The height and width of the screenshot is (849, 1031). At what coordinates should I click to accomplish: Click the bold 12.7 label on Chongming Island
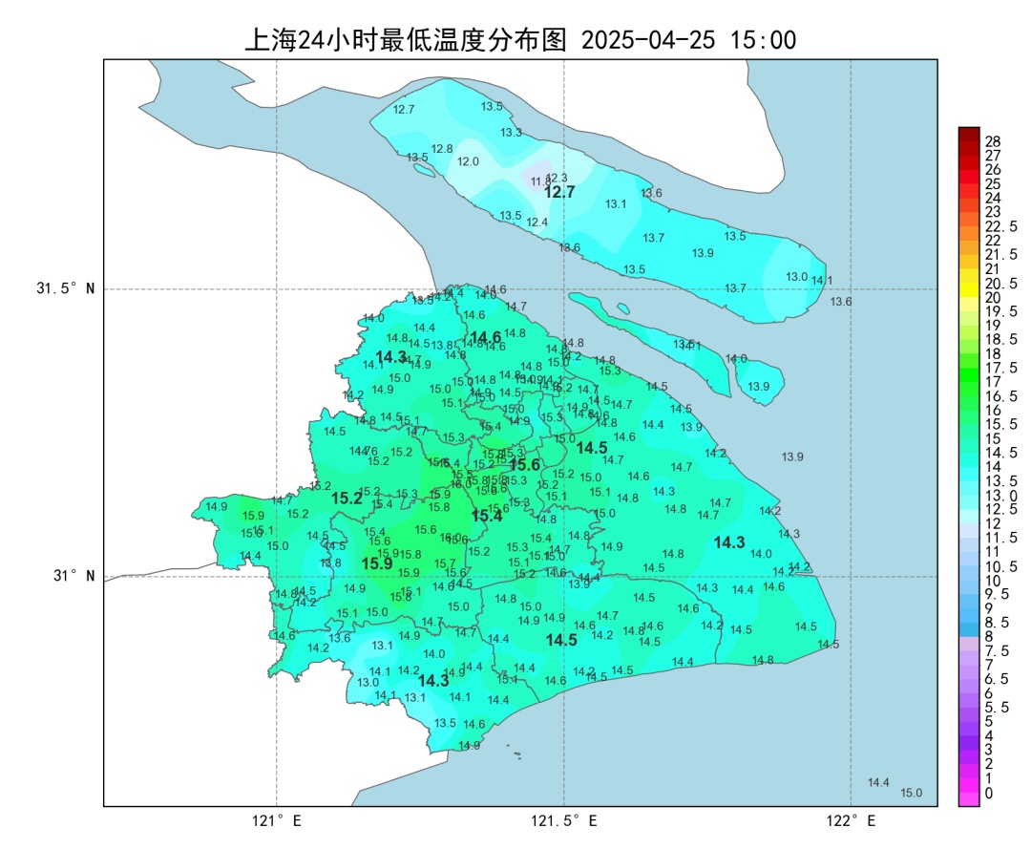tap(559, 192)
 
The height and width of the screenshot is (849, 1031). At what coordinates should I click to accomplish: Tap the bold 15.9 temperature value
tap(377, 564)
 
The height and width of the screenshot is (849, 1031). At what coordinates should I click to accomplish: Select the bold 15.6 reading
tap(524, 465)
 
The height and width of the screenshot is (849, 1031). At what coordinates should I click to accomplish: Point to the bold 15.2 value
tap(347, 499)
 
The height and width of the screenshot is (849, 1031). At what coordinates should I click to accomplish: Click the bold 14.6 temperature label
tap(486, 337)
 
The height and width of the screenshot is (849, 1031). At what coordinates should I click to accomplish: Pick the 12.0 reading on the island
tap(468, 161)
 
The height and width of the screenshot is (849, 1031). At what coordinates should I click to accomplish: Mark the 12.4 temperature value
tap(537, 223)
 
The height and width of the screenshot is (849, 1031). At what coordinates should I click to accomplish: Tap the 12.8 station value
tap(442, 149)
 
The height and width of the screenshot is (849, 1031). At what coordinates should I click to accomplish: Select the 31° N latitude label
tap(73, 576)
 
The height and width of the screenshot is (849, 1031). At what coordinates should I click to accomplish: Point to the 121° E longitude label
tap(277, 820)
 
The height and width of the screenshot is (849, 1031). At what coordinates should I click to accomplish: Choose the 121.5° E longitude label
tap(564, 820)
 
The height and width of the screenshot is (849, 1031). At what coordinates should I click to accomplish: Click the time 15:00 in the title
tap(763, 40)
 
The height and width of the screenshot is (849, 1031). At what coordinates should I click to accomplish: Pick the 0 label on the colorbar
tap(988, 793)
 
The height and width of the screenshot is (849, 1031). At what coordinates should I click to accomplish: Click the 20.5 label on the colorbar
tap(1000, 283)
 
